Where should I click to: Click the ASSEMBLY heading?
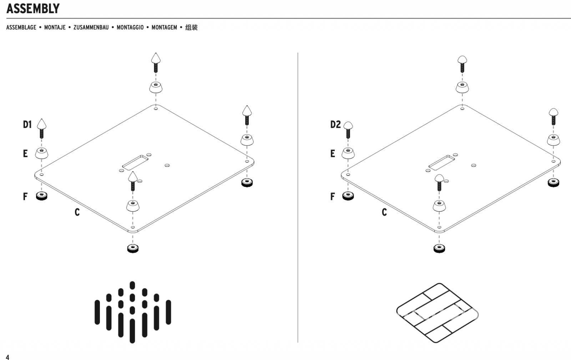click(x=33, y=9)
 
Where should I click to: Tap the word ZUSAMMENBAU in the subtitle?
click(x=91, y=27)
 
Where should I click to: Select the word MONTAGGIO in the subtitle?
click(x=130, y=27)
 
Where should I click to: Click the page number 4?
click(x=7, y=357)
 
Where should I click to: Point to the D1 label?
click(x=27, y=125)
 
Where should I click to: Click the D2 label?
click(x=335, y=125)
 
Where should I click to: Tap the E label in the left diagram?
click(x=25, y=154)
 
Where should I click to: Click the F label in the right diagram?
click(x=333, y=197)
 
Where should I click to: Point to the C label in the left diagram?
click(x=77, y=212)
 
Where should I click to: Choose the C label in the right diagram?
click(x=384, y=212)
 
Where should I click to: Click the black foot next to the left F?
click(x=42, y=196)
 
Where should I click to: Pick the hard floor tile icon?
click(x=438, y=313)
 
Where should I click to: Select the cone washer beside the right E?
click(x=348, y=153)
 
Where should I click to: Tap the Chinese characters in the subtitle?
click(x=191, y=27)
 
